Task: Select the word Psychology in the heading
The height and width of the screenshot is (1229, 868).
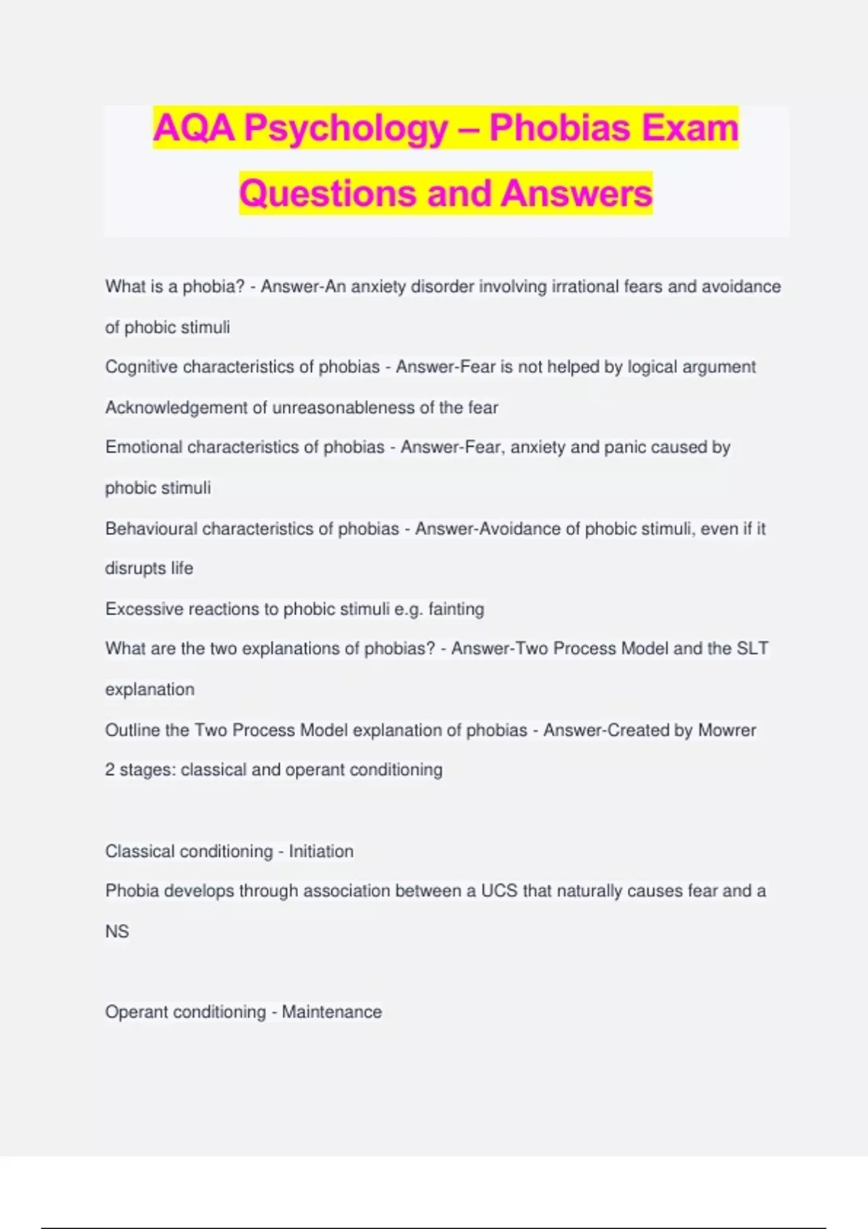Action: coord(346,128)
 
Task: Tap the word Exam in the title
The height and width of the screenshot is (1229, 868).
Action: coord(689,128)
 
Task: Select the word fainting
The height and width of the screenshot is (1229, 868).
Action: coord(456,609)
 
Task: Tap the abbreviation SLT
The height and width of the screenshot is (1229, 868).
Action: coord(752,648)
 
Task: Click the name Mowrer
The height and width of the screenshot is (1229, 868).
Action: coord(727,730)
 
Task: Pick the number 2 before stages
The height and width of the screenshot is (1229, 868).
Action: coord(110,769)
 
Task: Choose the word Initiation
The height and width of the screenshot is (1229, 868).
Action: coord(321,851)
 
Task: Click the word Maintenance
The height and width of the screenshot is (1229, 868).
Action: coord(331,1011)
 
